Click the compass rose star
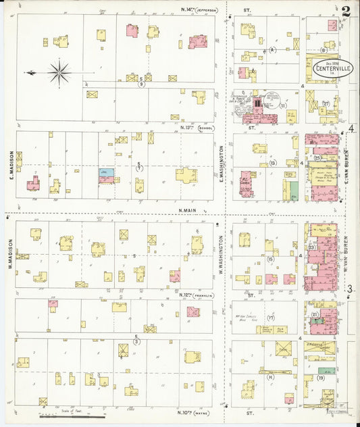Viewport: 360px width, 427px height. tap(59, 71)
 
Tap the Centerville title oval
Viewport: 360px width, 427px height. tap(332, 68)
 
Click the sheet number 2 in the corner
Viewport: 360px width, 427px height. tap(346, 11)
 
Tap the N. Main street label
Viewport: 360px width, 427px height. tap(191, 210)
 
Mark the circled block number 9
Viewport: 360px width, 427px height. tap(141, 84)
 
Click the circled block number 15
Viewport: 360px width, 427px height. tap(270, 259)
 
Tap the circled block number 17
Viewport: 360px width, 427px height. tap(270, 318)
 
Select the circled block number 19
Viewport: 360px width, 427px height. tap(321, 378)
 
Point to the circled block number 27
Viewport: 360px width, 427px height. tap(325, 103)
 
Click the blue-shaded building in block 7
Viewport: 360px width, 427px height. tap(106, 173)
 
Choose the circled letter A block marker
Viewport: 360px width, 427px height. tap(273, 50)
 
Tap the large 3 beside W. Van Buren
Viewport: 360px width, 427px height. tap(351, 289)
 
